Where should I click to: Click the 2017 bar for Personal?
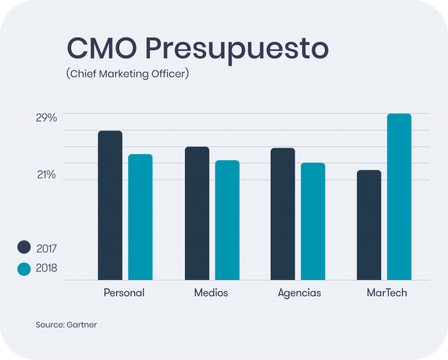(x=110, y=205)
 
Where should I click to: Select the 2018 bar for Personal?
(x=140, y=217)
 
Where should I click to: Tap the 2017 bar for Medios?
(x=197, y=213)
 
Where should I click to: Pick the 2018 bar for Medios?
(x=227, y=220)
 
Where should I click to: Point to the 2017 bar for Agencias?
(x=283, y=214)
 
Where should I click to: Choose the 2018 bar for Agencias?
(x=313, y=221)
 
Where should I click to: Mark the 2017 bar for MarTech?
(x=369, y=225)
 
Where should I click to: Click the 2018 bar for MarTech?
(x=399, y=197)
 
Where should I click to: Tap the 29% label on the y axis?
(x=47, y=118)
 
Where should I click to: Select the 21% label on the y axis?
(x=47, y=174)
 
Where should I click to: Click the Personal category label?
(x=124, y=293)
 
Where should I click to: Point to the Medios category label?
(x=211, y=293)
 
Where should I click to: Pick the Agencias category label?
(x=299, y=293)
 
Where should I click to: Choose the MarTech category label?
(x=387, y=293)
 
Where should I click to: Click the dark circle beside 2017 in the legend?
(x=24, y=247)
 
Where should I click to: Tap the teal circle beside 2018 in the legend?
(x=24, y=269)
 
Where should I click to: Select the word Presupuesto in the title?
(x=237, y=50)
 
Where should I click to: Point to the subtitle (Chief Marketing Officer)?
(x=128, y=74)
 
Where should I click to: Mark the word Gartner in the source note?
(x=82, y=324)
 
